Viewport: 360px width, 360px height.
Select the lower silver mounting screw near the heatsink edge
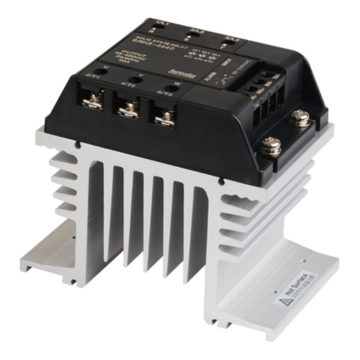pos(271,147)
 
